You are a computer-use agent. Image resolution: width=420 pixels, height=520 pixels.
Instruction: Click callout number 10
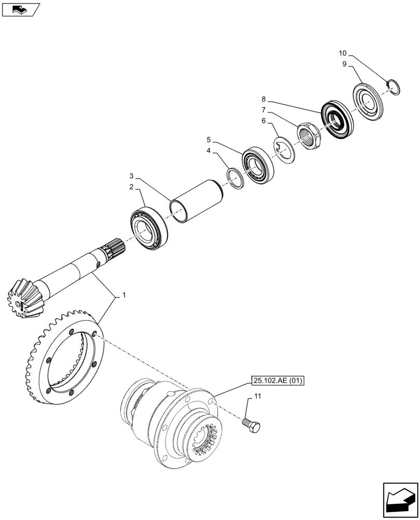pyautogui.click(x=342, y=53)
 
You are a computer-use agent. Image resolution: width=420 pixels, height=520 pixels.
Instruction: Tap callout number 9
pyautogui.click(x=344, y=64)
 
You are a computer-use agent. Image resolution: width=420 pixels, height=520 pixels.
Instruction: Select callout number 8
pyautogui.click(x=264, y=98)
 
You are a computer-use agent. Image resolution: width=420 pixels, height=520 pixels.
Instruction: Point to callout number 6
pyautogui.click(x=264, y=121)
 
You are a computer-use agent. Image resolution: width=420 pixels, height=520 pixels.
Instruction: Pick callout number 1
pyautogui.click(x=123, y=295)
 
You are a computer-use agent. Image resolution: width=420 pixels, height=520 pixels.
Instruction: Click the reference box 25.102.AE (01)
pyautogui.click(x=278, y=381)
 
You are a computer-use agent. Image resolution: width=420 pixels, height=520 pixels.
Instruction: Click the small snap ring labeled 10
pyautogui.click(x=393, y=87)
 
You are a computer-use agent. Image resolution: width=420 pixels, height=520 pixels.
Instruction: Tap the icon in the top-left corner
pyautogui.click(x=20, y=9)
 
